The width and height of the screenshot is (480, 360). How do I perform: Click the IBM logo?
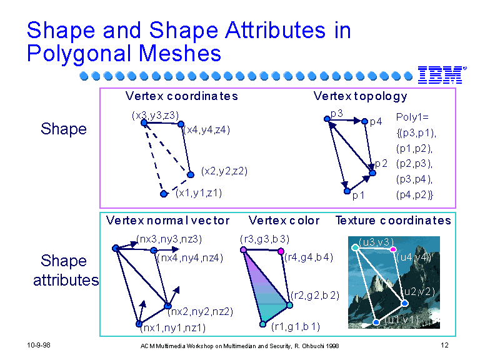[442, 75]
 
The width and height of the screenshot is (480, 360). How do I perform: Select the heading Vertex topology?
[360, 96]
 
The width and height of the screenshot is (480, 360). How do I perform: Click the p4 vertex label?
[376, 122]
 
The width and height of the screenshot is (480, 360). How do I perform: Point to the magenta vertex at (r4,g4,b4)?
[281, 251]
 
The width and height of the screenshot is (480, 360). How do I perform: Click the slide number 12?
[444, 345]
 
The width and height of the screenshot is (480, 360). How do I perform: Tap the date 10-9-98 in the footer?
[39, 345]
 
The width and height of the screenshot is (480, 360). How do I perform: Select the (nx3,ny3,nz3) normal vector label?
[169, 239]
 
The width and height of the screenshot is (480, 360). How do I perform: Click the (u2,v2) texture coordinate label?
[418, 291]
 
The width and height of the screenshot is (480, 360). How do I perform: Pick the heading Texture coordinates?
[393, 221]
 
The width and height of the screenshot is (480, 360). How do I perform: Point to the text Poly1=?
[412, 117]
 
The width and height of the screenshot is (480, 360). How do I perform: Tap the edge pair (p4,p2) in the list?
[414, 195]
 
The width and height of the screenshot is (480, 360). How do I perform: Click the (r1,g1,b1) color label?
[296, 327]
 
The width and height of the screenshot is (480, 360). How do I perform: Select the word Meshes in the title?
[180, 53]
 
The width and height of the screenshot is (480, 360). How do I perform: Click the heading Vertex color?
[284, 221]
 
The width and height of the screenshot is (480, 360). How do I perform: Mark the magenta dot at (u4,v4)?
[393, 249]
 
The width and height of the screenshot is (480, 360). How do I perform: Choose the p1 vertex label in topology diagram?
[359, 195]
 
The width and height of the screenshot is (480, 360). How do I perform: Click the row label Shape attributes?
[65, 270]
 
